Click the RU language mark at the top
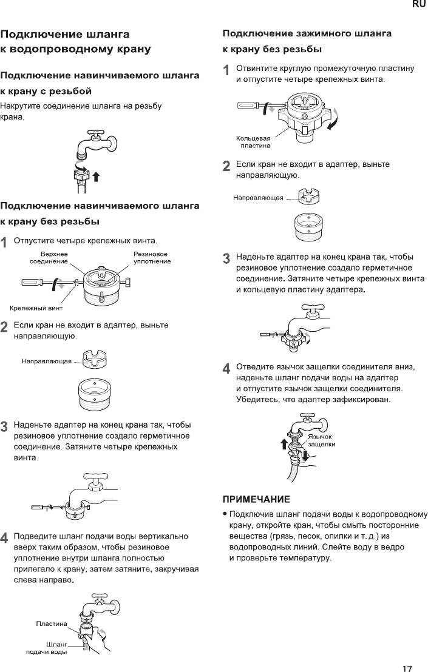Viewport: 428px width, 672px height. (419, 5)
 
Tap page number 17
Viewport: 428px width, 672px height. (407, 652)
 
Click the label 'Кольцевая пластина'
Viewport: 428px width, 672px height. (253, 142)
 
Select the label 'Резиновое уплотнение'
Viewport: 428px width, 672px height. (152, 257)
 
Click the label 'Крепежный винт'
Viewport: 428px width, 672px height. (36, 307)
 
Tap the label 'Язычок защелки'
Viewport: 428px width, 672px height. (321, 440)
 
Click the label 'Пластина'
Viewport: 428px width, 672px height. (52, 623)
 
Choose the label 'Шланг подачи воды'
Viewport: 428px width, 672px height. (47, 648)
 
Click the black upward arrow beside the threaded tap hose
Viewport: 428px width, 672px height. (95, 176)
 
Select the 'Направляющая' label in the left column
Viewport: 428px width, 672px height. (47, 361)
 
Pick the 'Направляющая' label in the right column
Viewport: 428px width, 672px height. (258, 198)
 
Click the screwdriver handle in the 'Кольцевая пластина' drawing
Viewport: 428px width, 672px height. (246, 107)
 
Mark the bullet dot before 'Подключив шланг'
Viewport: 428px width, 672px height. (226, 514)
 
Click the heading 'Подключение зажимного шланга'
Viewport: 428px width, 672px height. (307, 33)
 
